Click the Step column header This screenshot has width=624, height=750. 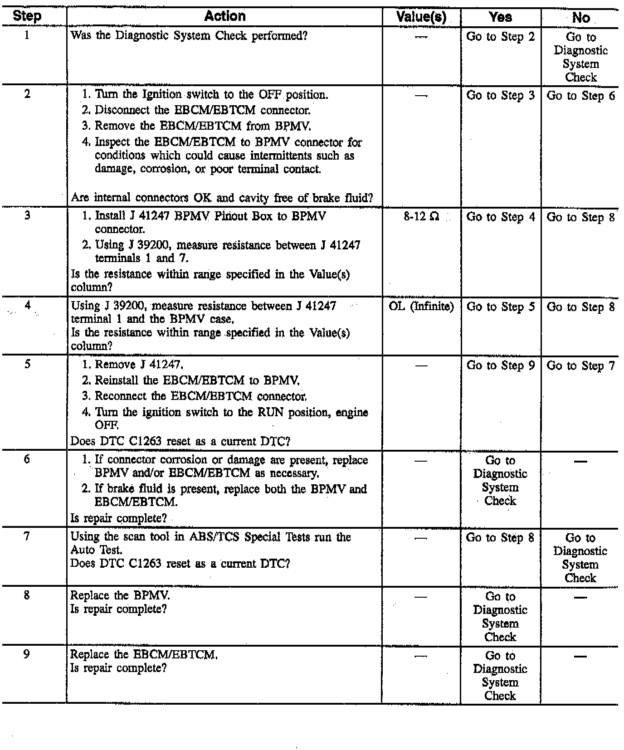(x=27, y=16)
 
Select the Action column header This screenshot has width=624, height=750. (x=224, y=16)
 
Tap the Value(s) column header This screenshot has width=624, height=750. (x=421, y=17)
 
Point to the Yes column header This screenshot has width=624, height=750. (x=501, y=17)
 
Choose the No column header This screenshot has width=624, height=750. (x=580, y=18)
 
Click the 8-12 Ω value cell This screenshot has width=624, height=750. (x=421, y=217)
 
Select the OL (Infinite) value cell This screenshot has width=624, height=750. (x=421, y=307)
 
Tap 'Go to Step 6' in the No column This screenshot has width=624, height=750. (x=580, y=96)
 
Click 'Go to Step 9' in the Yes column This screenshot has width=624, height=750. (x=501, y=365)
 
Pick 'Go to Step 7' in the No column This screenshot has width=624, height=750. (x=580, y=366)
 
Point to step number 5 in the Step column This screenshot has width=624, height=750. (x=27, y=364)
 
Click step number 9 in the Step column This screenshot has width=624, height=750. (x=27, y=654)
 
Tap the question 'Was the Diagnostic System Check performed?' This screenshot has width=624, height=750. (x=189, y=36)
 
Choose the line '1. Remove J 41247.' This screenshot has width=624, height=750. (x=133, y=365)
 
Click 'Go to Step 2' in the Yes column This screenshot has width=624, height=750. (x=501, y=37)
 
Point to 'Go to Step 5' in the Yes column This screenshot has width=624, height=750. (x=501, y=307)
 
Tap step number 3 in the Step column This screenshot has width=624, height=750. (x=27, y=216)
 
